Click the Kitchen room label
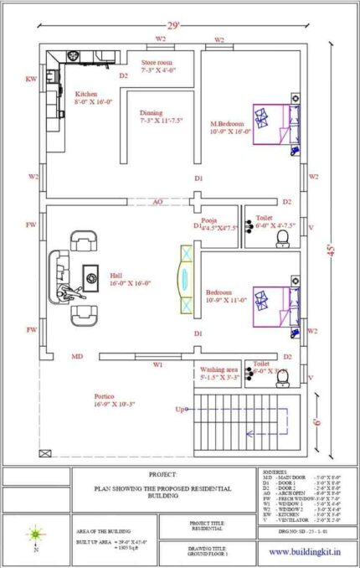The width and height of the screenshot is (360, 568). [87, 95]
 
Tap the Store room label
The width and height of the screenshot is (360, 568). [157, 63]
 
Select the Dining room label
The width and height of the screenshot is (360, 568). [152, 112]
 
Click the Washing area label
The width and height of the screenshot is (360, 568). [219, 369]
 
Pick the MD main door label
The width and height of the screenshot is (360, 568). [76, 357]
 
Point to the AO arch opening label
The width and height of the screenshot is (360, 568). [157, 202]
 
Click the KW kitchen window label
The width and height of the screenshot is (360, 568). [31, 80]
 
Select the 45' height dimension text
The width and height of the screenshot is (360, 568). [332, 249]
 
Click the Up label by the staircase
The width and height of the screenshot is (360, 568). [179, 410]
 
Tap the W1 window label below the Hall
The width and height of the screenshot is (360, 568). [157, 364]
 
